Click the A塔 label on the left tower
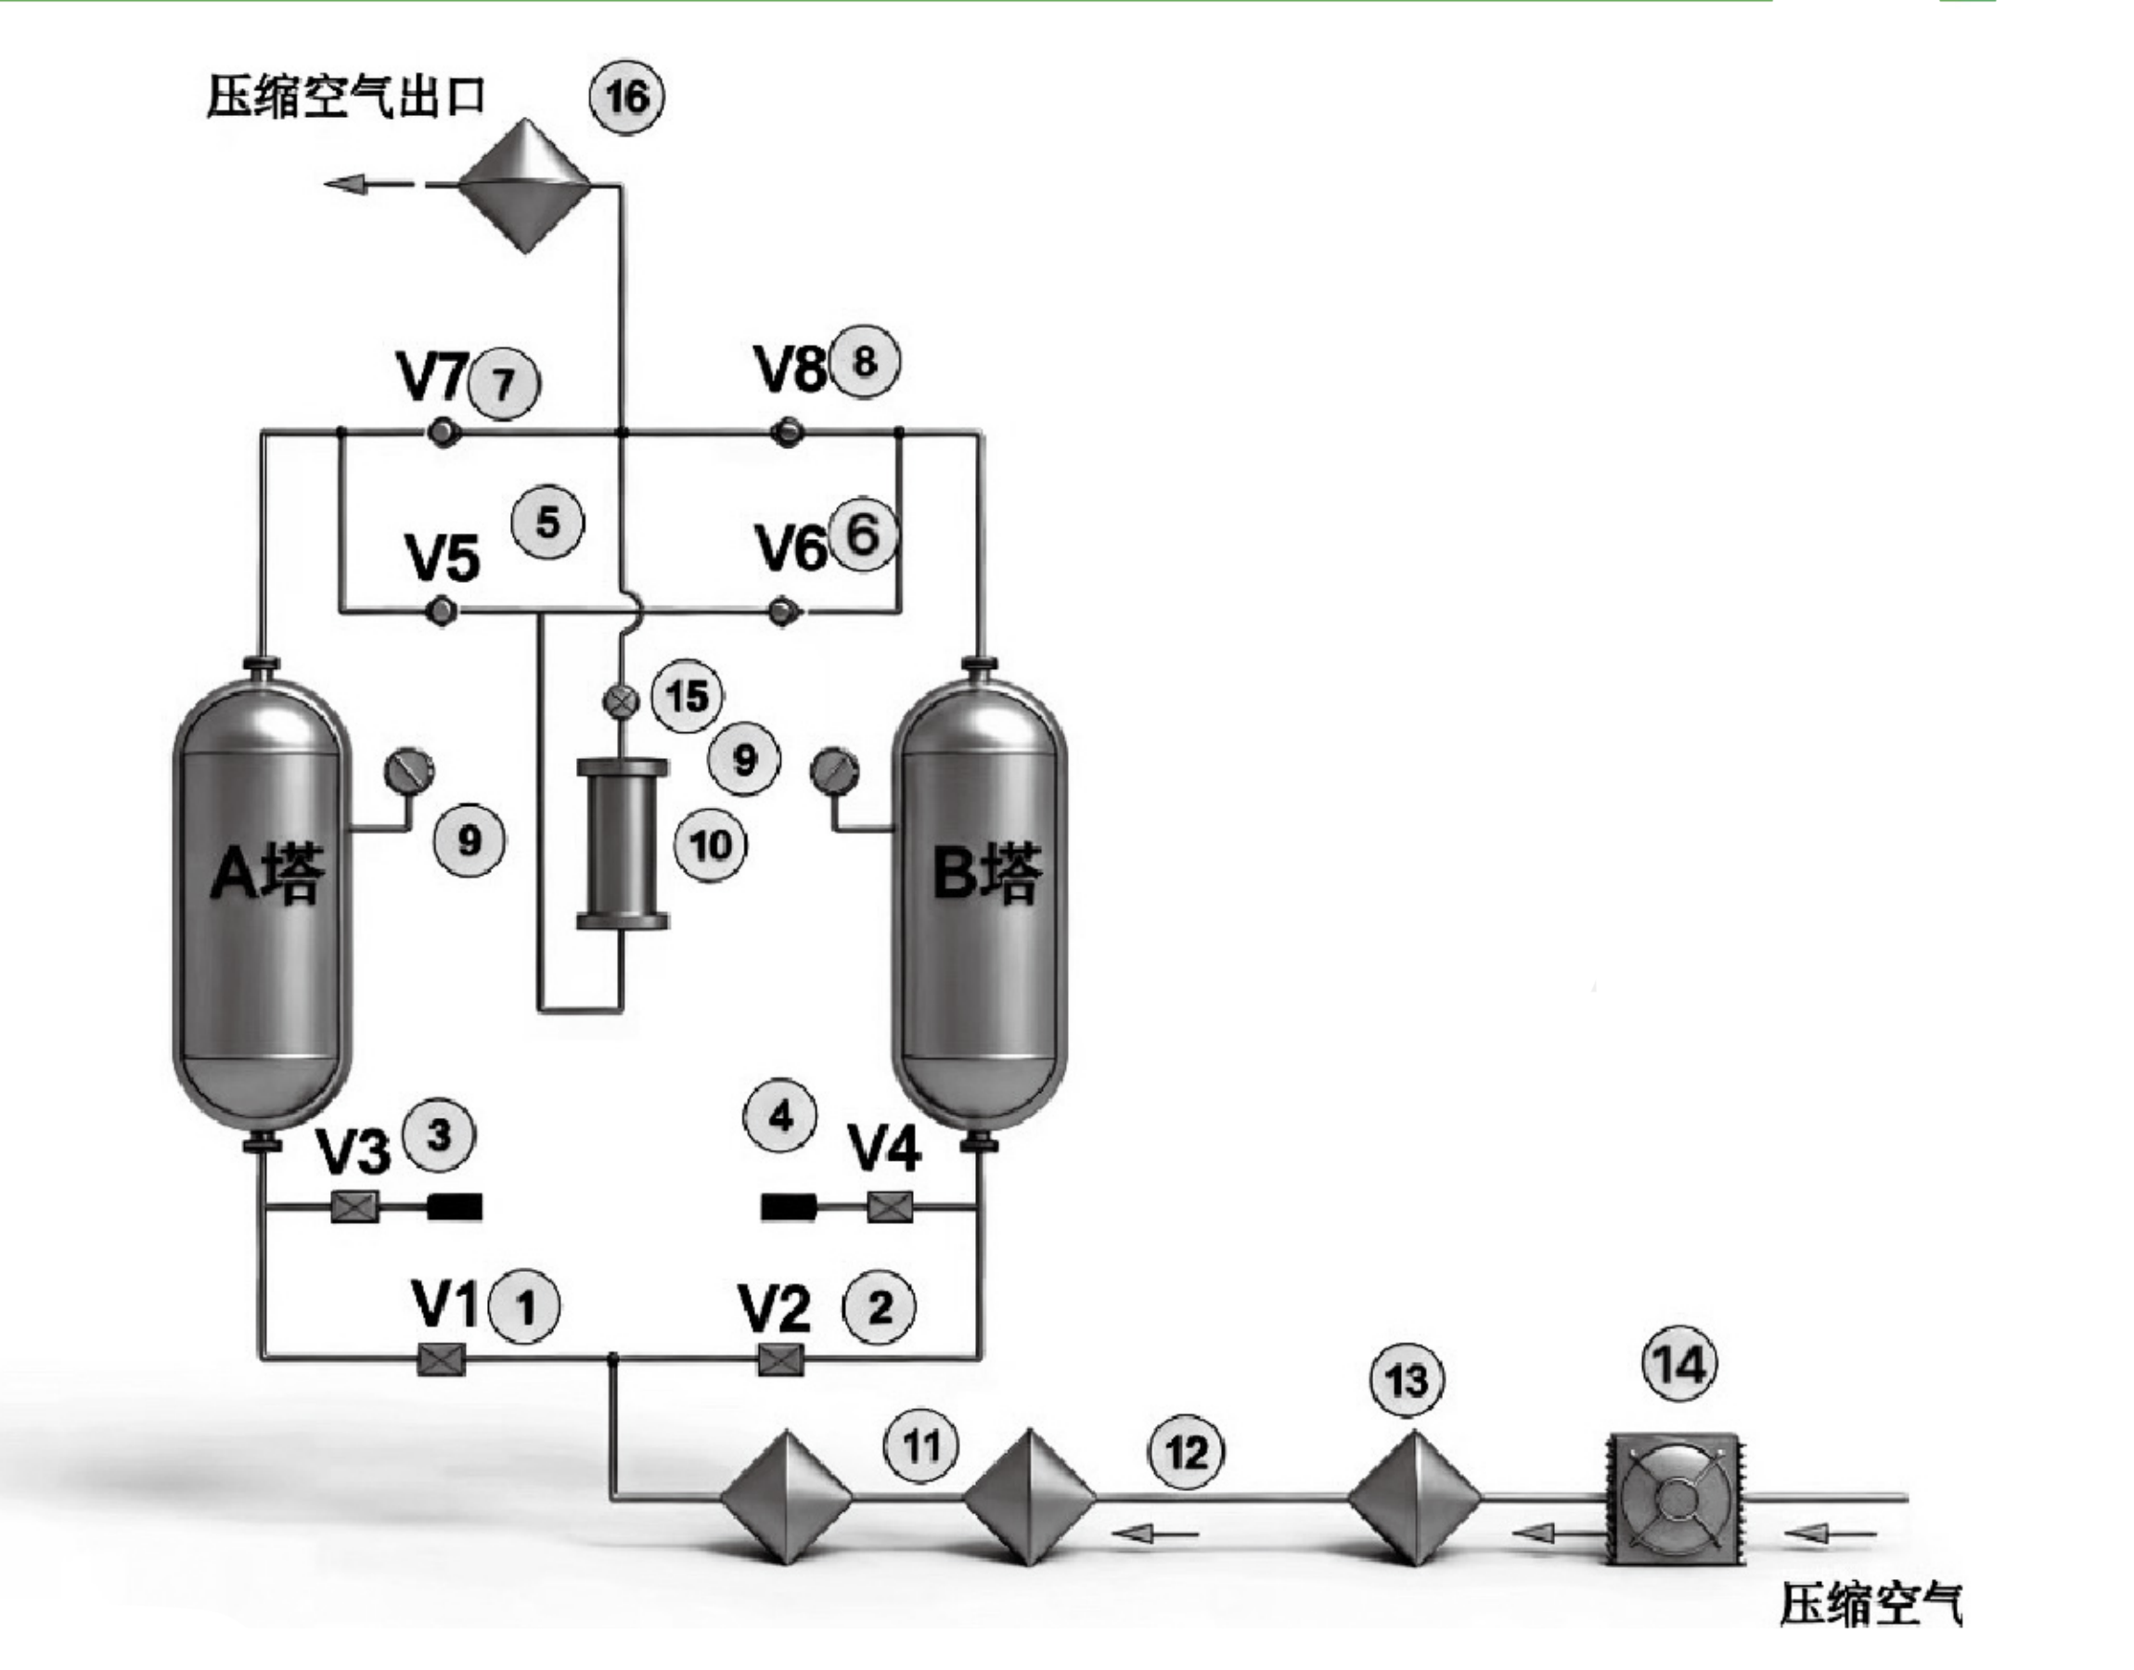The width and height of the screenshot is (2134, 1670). click(267, 873)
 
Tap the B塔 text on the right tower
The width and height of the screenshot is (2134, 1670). click(986, 873)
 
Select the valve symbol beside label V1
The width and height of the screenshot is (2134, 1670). click(441, 1360)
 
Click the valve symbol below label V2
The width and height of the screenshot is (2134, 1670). click(781, 1360)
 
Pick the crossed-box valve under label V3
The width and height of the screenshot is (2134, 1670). click(354, 1209)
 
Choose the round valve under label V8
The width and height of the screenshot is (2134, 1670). click(786, 431)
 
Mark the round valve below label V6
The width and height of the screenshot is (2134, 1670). click(782, 612)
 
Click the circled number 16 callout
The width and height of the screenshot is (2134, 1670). click(626, 96)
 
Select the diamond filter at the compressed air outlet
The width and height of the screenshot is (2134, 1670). click(525, 185)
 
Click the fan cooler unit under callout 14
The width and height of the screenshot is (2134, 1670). click(1678, 1499)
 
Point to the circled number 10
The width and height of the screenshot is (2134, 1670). click(711, 845)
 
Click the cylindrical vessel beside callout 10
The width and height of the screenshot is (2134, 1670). click(623, 843)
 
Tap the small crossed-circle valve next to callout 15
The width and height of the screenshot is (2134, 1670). click(620, 700)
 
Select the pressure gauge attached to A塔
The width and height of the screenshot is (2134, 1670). click(408, 773)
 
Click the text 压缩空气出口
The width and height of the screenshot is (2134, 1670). click(346, 96)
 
